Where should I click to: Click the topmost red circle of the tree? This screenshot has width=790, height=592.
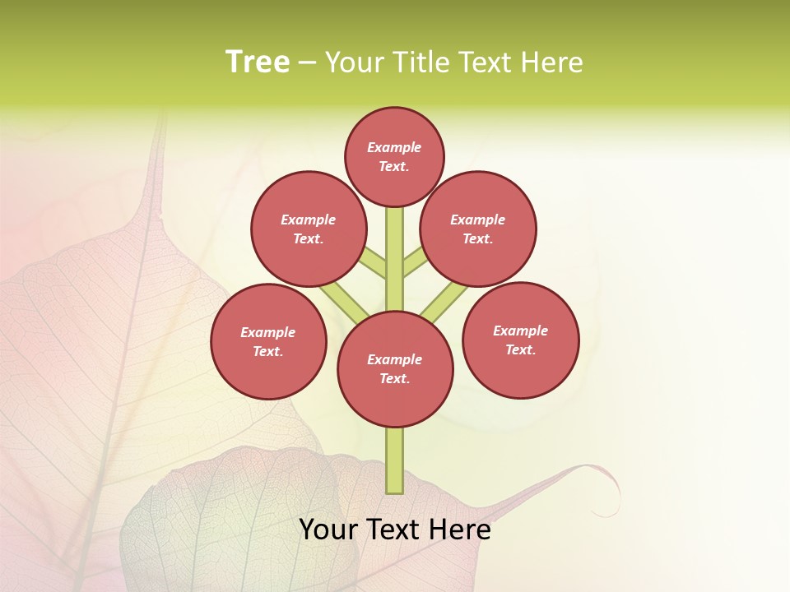[394, 156]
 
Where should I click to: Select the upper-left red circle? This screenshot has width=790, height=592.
[309, 229]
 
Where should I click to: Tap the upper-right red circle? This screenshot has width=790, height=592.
[478, 229]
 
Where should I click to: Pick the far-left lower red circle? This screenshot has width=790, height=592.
[268, 341]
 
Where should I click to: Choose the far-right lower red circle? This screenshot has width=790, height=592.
[521, 340]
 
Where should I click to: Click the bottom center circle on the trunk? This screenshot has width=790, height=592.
[395, 369]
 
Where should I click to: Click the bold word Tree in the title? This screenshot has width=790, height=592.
[258, 62]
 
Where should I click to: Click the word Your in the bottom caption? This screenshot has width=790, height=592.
[328, 530]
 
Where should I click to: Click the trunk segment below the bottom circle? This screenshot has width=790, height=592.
[395, 460]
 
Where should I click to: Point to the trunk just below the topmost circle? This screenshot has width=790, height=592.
[395, 226]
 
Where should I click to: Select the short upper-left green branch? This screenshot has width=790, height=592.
[373, 264]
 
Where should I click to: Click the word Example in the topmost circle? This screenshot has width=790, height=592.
[394, 148]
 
